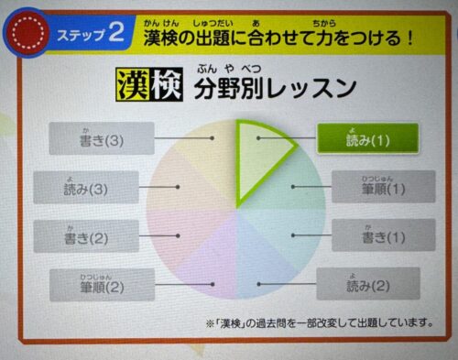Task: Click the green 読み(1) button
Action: tap(367, 139)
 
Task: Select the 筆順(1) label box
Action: tap(382, 188)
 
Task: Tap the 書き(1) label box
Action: tap(375, 235)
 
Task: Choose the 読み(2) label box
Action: tap(367, 284)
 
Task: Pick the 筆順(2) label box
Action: tap(101, 285)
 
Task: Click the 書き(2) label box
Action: tap(86, 236)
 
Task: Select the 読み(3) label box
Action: tap(86, 187)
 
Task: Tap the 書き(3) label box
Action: tap(93, 139)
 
